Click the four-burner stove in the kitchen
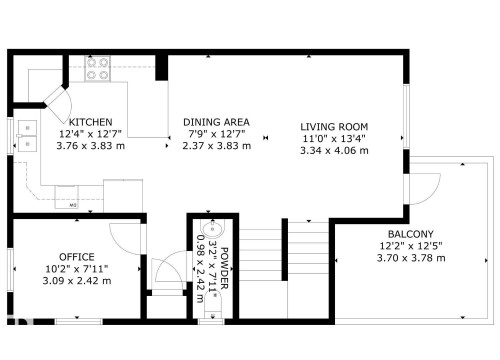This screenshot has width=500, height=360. pos(98,68)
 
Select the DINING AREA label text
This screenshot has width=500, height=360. pos(216,122)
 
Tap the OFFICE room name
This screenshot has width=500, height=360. pos(76,257)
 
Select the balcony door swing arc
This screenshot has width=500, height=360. pos(428,186)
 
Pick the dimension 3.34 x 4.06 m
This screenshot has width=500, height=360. pos(335,150)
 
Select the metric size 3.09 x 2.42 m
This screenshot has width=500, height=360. pos(76,281)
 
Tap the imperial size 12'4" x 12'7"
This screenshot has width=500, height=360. pos(89,134)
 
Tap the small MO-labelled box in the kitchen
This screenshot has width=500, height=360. pos(75,205)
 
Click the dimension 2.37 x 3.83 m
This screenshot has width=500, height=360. pos(216,146)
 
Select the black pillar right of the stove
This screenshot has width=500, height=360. pos(161,68)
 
